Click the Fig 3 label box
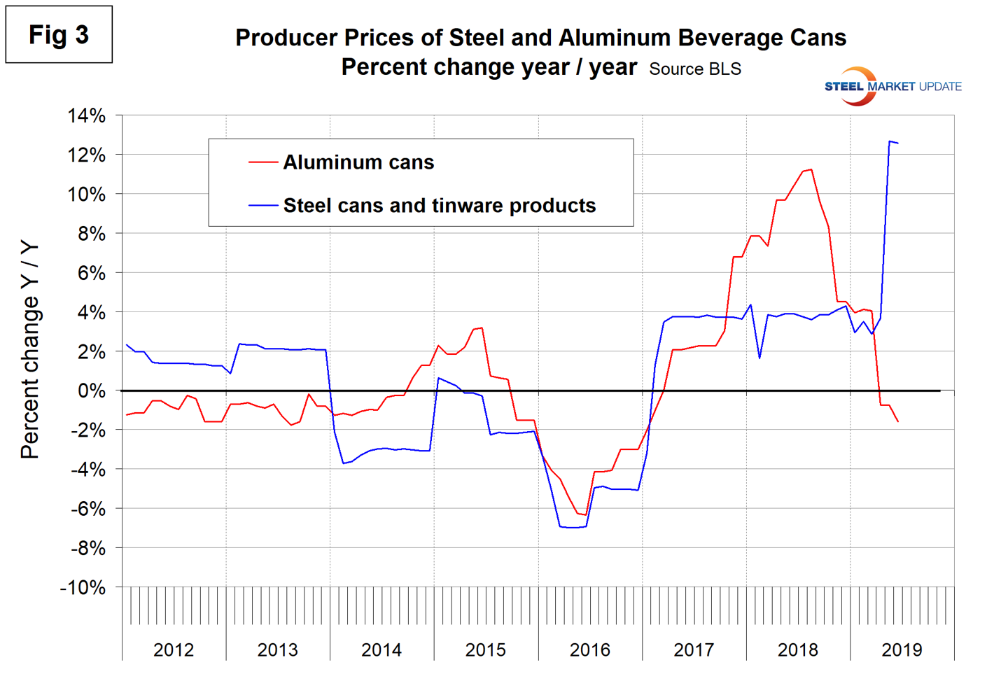[59, 34]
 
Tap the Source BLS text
[694, 69]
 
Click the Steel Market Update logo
[892, 87]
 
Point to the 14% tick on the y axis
[87, 115]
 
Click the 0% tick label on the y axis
[91, 391]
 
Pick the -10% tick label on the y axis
[83, 587]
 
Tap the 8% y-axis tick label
[91, 234]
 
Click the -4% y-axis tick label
[87, 470]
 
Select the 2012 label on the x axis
[174, 650]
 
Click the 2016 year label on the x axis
[589, 650]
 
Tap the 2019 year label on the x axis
[902, 650]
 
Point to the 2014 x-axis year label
[381, 650]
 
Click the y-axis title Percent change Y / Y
[29, 350]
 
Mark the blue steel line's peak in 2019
[890, 141]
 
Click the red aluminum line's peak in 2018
[811, 169]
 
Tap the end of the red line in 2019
[898, 421]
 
